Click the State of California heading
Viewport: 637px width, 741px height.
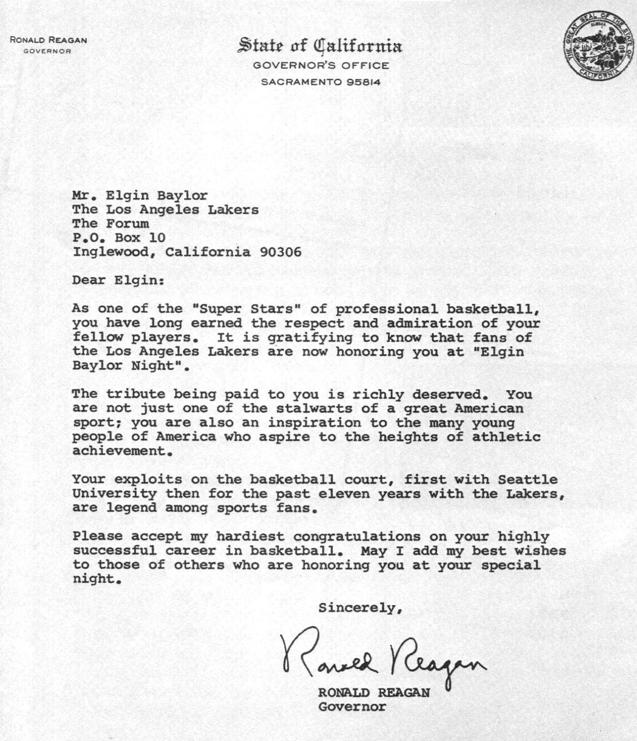tap(320, 46)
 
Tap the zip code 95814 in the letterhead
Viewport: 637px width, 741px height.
tap(364, 82)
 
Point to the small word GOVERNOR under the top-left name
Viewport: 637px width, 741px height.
tap(47, 51)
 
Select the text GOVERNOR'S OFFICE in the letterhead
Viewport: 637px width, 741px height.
tap(320, 65)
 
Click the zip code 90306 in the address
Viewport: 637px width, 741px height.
tap(280, 252)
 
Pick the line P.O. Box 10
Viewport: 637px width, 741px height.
tap(119, 238)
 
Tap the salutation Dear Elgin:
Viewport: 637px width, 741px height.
tap(118, 280)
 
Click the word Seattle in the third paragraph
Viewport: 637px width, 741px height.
tap(528, 480)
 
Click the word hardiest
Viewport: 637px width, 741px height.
tap(250, 537)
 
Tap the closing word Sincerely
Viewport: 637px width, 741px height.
tap(359, 608)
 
